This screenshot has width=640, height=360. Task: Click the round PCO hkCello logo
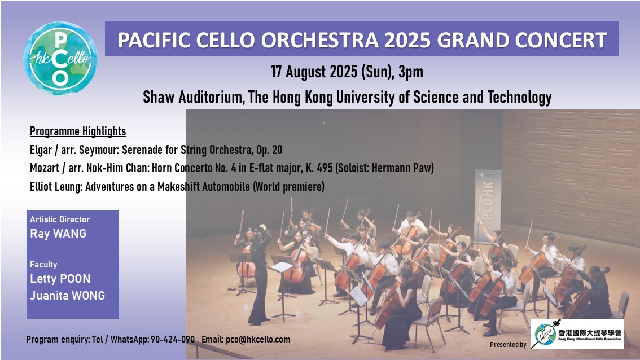(60, 58)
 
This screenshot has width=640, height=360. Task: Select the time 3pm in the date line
(411, 72)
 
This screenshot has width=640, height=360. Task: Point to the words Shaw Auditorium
(194, 98)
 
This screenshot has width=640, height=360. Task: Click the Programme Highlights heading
(78, 131)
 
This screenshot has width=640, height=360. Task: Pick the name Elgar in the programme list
(41, 150)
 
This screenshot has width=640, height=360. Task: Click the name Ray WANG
(58, 234)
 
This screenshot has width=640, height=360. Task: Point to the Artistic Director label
(60, 219)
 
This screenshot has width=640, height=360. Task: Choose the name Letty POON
(60, 279)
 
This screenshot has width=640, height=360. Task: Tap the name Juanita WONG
(67, 296)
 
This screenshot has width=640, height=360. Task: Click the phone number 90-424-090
(173, 340)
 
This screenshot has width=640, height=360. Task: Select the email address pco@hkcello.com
(258, 340)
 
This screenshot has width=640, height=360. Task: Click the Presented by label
(508, 345)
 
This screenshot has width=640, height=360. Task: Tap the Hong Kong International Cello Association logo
(577, 334)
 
